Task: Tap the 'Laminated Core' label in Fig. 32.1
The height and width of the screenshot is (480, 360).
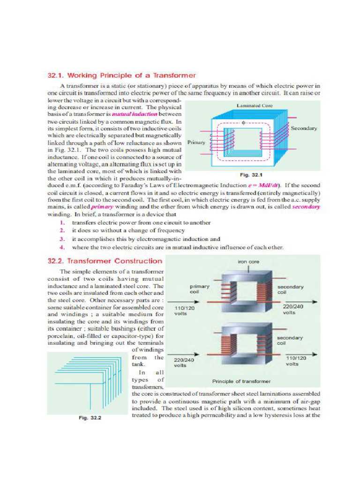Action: (x=255, y=106)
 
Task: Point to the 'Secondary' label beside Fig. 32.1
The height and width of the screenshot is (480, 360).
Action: (x=304, y=128)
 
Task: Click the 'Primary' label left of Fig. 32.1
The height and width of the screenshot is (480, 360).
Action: (x=196, y=142)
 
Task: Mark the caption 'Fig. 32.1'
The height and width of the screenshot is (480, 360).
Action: (x=251, y=175)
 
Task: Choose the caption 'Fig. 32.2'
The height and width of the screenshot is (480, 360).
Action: (x=89, y=418)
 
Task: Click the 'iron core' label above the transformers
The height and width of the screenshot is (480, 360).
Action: (x=248, y=262)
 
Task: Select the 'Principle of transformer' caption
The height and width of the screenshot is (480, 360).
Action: (x=241, y=381)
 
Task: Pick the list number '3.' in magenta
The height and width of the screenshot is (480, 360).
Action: (x=62, y=239)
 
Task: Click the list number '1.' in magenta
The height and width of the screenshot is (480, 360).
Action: (x=62, y=223)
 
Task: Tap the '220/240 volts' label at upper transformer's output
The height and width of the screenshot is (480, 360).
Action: (x=294, y=309)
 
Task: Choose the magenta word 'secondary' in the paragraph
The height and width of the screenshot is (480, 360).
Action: (x=306, y=207)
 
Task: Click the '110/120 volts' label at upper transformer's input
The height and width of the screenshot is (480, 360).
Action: (x=184, y=311)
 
